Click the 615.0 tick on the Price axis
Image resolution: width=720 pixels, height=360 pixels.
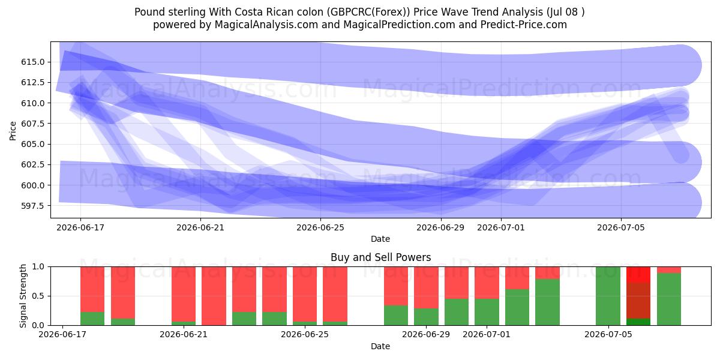33,62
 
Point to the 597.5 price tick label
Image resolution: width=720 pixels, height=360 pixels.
33,206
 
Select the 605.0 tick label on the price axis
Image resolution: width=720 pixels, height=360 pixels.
33,144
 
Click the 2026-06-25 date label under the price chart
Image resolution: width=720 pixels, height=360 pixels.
320,227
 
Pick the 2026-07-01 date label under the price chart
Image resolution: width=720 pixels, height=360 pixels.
501,227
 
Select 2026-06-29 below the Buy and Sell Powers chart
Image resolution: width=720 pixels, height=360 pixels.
426,334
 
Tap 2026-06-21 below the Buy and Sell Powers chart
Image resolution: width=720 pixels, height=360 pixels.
184,334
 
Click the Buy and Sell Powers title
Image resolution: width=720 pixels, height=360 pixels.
380,257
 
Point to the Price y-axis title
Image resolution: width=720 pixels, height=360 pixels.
13,131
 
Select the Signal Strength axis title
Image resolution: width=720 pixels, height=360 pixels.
23,296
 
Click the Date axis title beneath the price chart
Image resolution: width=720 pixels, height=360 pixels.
380,239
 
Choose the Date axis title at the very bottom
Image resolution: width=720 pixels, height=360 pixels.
380,346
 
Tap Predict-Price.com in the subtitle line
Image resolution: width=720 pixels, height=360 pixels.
524,25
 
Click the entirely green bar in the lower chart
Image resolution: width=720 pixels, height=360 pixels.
608,296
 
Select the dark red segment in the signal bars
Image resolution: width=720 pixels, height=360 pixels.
638,301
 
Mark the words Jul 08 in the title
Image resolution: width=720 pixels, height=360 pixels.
563,12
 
